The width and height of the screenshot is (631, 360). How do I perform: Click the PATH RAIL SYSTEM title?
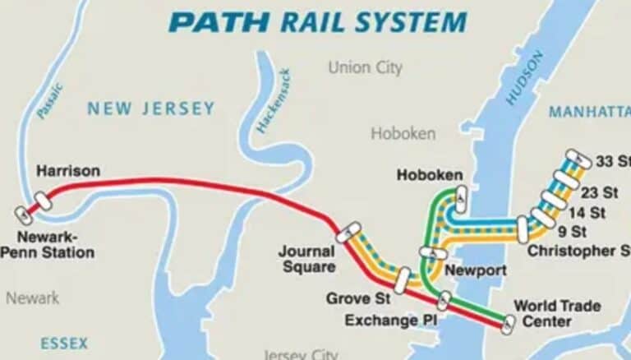[x=317, y=21]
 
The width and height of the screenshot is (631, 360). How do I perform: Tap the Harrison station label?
[x=68, y=171]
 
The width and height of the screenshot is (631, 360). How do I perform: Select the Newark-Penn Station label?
[x=47, y=245]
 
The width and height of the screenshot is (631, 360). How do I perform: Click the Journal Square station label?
[x=306, y=259]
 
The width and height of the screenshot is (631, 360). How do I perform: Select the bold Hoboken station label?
[x=429, y=175]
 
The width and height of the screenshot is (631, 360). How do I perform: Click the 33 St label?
[x=613, y=159]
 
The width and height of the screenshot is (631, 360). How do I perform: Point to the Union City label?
[x=366, y=67]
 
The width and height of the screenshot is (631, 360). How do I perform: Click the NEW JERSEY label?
[x=151, y=108]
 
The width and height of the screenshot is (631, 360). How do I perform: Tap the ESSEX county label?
[x=63, y=343]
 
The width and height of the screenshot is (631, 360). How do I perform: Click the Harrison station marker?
[x=43, y=200]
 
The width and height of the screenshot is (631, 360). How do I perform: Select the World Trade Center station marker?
[x=509, y=325]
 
